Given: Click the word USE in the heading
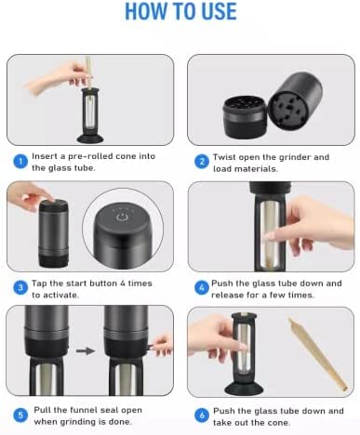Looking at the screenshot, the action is tap(219, 11).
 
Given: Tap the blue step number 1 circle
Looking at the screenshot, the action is tap(20, 162).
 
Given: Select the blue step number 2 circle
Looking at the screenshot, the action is tap(202, 162).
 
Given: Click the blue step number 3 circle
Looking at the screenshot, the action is tap(20, 288).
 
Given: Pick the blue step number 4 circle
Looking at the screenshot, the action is tap(202, 288).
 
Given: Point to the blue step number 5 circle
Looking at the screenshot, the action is tap(20, 415).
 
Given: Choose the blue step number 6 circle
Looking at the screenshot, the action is tap(202, 415).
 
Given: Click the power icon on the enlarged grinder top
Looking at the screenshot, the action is tap(122, 217).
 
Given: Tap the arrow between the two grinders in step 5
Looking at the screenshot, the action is tap(86, 350).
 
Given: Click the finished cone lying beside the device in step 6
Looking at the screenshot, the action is tap(318, 354).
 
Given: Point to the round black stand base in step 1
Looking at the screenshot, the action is tap(90, 138).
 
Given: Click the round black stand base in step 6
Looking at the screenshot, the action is tap(244, 389).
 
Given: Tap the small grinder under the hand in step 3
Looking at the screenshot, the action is tap(54, 233).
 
